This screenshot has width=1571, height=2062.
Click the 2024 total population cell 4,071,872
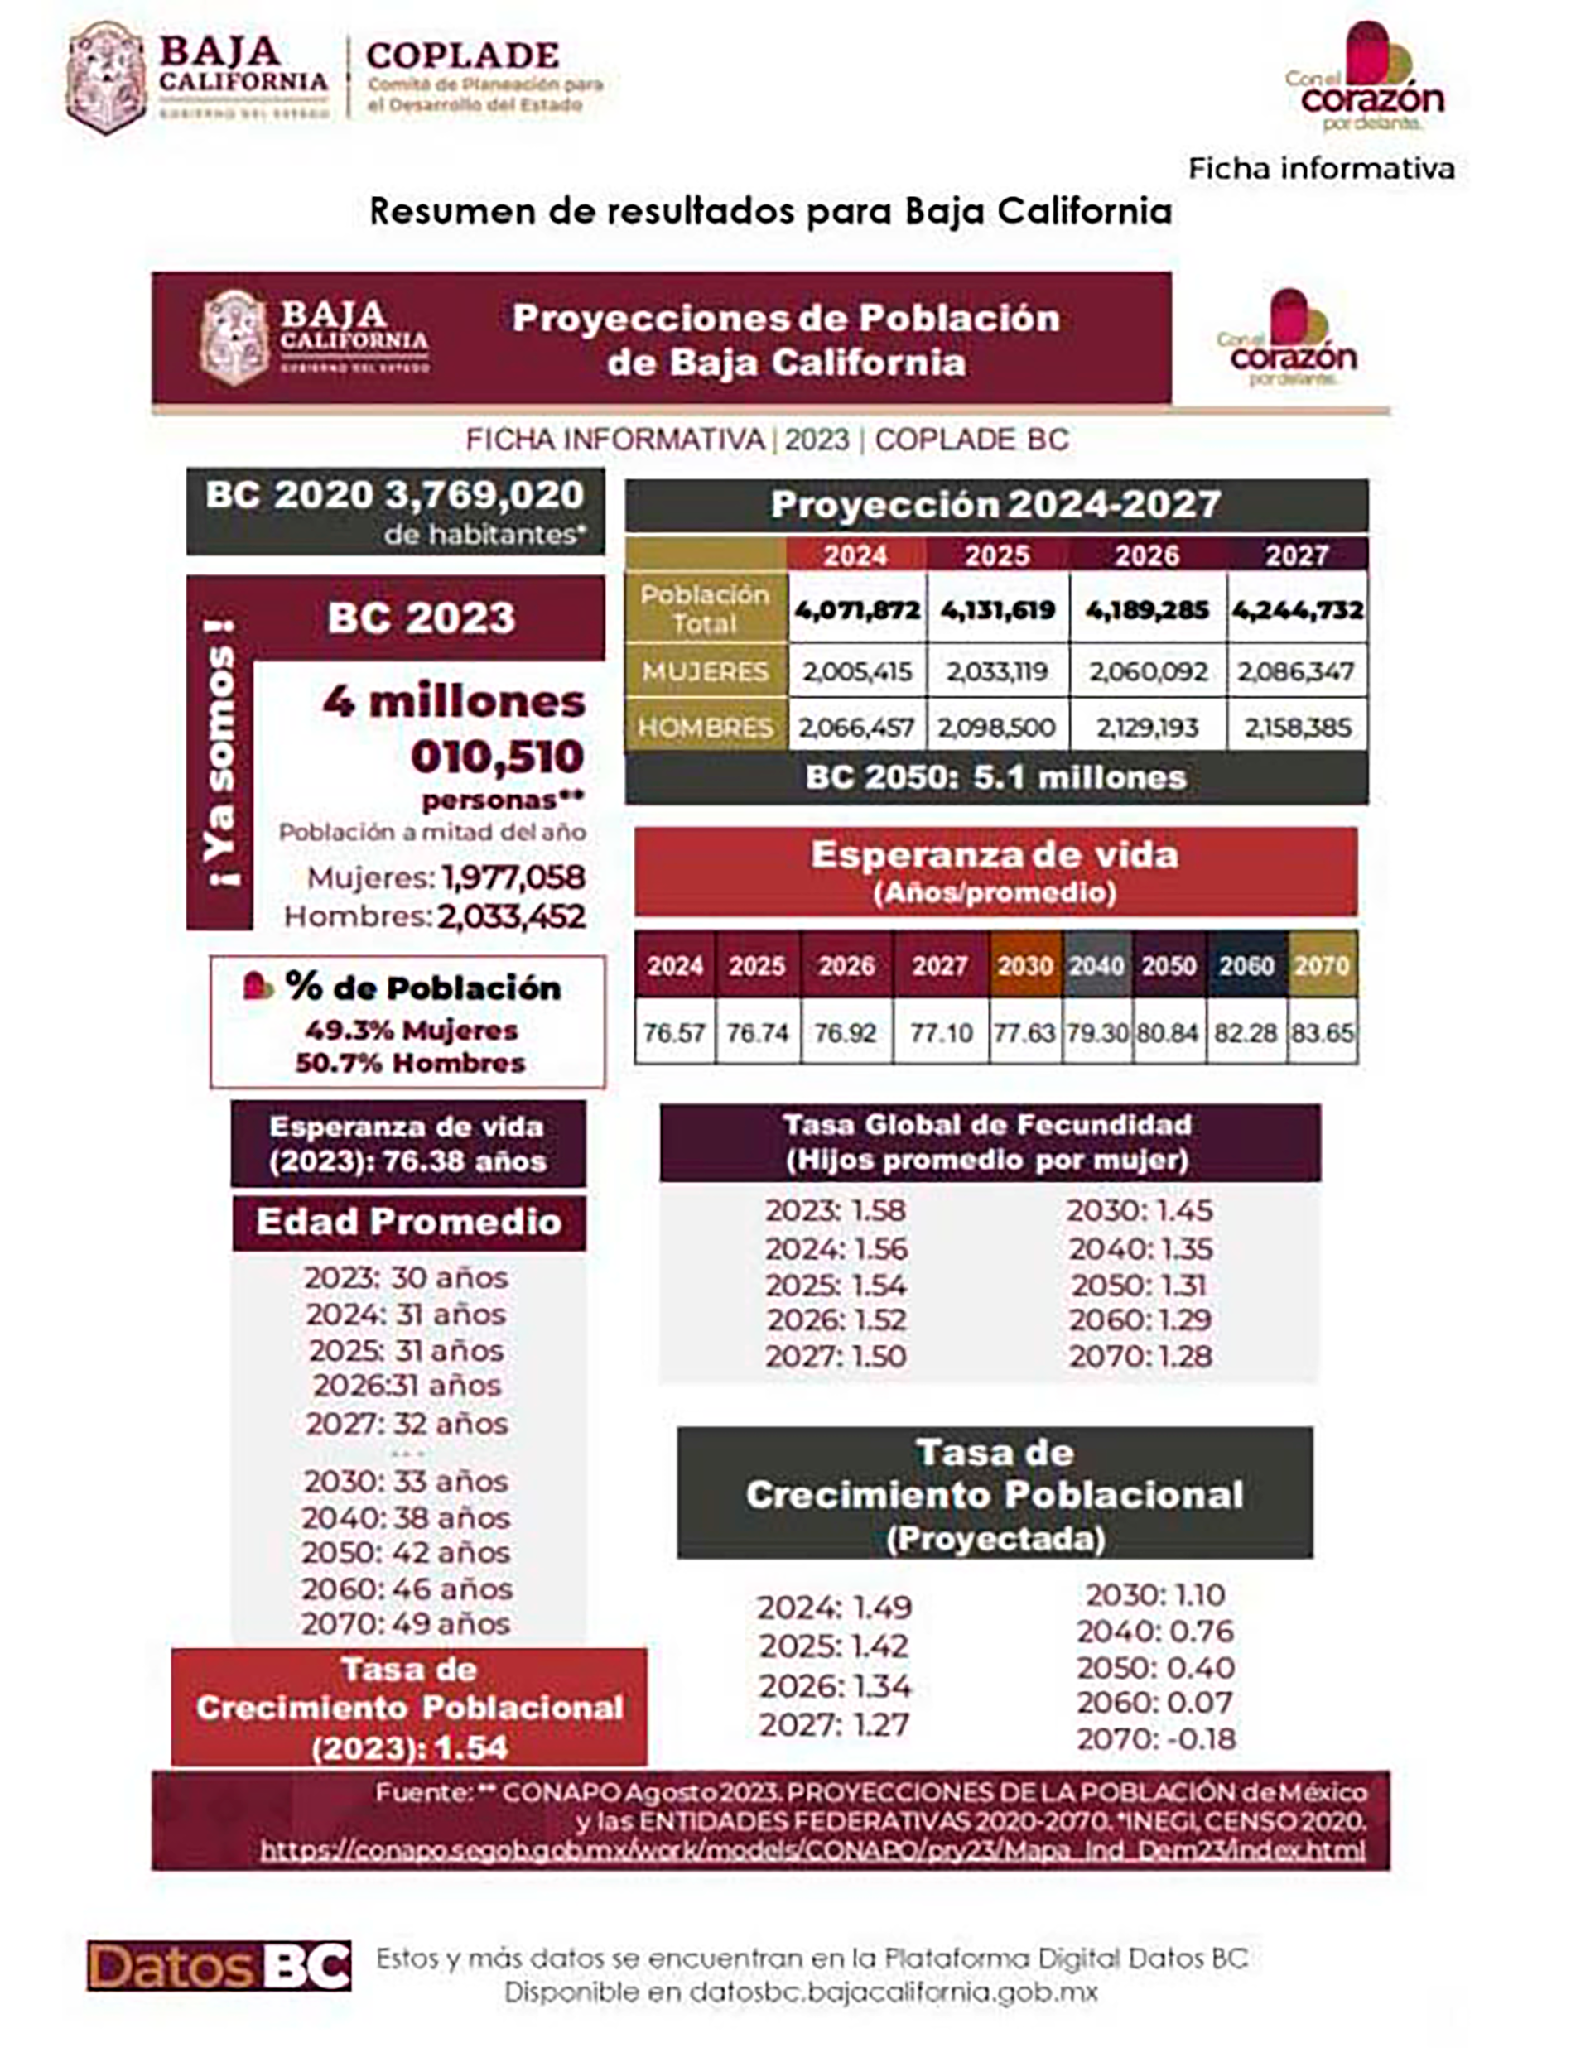click(x=856, y=610)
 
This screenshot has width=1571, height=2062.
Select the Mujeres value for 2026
click(x=1147, y=671)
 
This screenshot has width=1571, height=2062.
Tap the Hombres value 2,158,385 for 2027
click(x=1297, y=728)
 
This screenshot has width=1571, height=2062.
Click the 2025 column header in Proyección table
click(x=997, y=555)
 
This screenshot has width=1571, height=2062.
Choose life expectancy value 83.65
click(x=1322, y=1033)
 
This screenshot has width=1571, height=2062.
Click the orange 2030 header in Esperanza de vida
click(x=1025, y=965)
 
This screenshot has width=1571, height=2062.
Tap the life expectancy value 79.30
click(x=1097, y=1033)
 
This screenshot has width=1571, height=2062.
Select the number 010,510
click(x=498, y=757)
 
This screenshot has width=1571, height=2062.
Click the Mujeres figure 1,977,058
click(x=513, y=877)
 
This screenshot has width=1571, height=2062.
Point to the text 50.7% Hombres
click(x=411, y=1063)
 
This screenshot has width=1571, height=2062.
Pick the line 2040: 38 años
click(x=406, y=1517)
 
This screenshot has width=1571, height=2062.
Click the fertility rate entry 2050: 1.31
click(x=1139, y=1286)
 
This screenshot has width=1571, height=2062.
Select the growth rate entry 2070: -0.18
click(x=1156, y=1738)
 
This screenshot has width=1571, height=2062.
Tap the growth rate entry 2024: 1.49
click(x=834, y=1607)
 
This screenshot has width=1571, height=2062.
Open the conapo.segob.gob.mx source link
click(x=812, y=1850)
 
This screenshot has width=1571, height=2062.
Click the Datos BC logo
click(x=219, y=1966)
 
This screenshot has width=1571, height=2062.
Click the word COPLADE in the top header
click(x=463, y=55)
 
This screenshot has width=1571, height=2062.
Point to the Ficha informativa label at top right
click(x=1320, y=168)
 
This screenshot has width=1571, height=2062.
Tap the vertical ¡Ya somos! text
click(x=220, y=753)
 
